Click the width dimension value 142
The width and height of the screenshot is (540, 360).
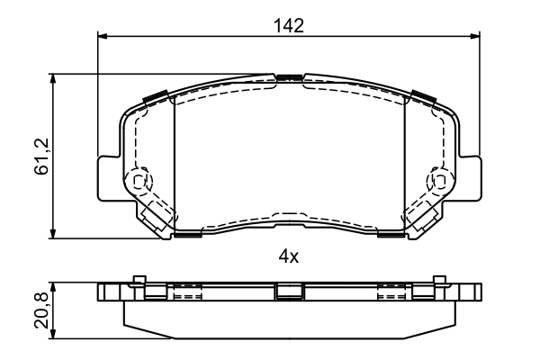click(x=288, y=25)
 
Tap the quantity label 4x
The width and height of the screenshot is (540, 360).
click(x=288, y=256)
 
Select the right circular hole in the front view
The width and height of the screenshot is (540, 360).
click(x=440, y=180)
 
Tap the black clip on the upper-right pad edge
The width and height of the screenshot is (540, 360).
click(x=421, y=96)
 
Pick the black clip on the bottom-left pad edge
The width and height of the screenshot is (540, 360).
click(x=188, y=236)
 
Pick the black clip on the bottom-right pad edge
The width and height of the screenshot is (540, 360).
click(x=390, y=236)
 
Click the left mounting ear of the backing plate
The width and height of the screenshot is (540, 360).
click(x=106, y=177)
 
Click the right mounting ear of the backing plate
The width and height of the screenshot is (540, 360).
click(x=471, y=177)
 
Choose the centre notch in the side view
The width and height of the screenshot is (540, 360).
click(x=288, y=292)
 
